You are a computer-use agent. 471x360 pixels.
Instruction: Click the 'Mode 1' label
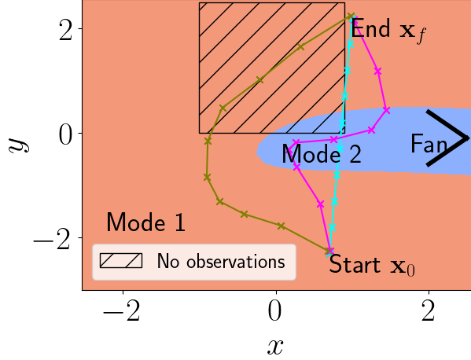pyautogui.click(x=145, y=222)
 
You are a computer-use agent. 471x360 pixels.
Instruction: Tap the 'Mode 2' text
pyautogui.click(x=322, y=154)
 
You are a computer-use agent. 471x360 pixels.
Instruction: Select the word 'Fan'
pyautogui.click(x=429, y=144)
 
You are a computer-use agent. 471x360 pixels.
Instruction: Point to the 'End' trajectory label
pyautogui.click(x=370, y=28)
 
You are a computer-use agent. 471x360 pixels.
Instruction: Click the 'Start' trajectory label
pyautogui.click(x=355, y=264)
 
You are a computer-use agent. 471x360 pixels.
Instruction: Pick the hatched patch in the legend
pyautogui.click(x=121, y=261)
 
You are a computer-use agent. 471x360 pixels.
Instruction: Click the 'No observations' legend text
pyautogui.click(x=221, y=261)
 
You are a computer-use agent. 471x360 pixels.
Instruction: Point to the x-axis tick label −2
pyautogui.click(x=121, y=312)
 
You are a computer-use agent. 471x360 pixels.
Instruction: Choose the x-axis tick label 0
pyautogui.click(x=275, y=312)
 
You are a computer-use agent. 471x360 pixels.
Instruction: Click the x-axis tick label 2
pyautogui.click(x=429, y=312)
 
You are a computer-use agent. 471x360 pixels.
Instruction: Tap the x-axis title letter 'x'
pyautogui.click(x=275, y=347)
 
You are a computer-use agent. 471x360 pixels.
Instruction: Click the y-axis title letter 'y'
pyautogui.click(x=19, y=145)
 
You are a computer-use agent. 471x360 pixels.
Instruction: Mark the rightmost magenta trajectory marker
pyautogui.click(x=387, y=110)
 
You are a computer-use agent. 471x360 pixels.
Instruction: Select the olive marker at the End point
pyautogui.click(x=350, y=16)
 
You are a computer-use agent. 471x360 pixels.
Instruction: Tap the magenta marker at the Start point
pyautogui.click(x=330, y=251)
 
